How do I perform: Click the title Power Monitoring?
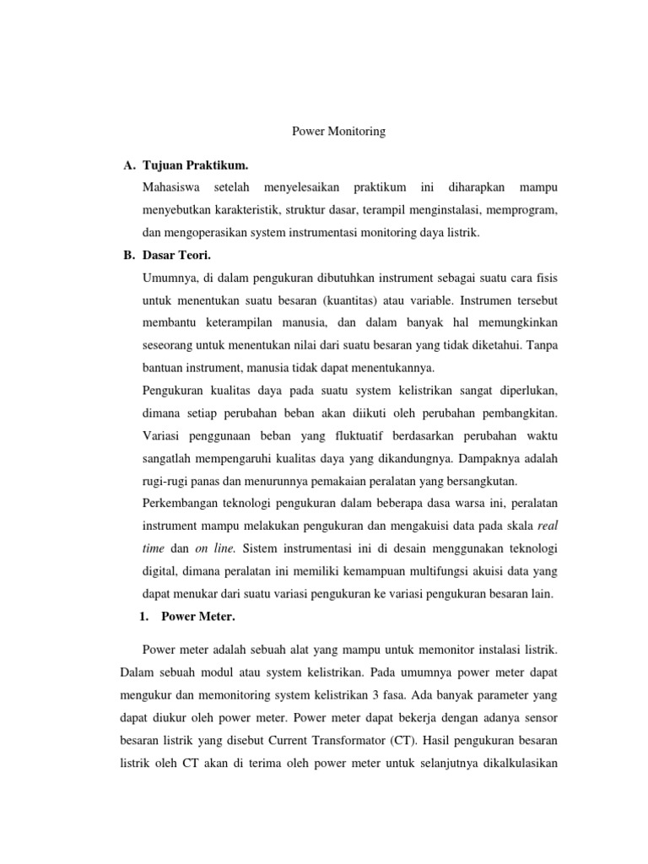(338, 132)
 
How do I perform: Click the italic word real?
(548, 526)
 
